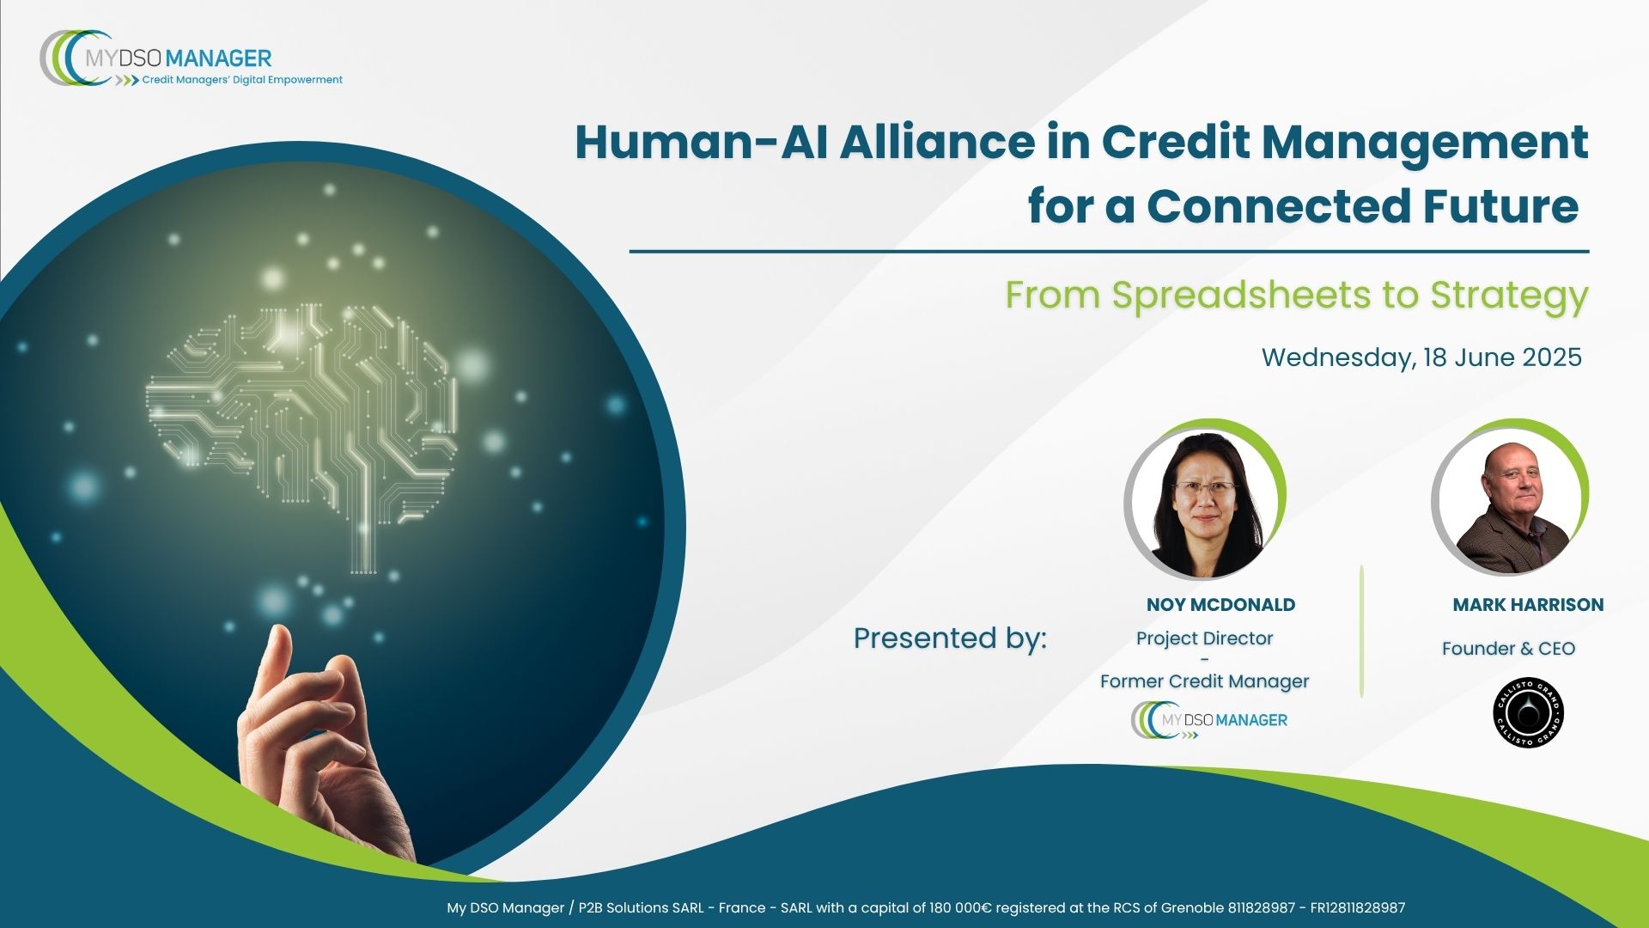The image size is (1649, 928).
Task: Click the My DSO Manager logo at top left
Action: click(x=191, y=58)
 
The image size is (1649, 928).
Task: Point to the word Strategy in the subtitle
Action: click(x=1509, y=296)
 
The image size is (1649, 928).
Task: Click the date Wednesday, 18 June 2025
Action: click(x=1421, y=357)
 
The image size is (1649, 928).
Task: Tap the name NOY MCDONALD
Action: click(x=1220, y=605)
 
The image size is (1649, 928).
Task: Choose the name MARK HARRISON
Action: click(x=1528, y=605)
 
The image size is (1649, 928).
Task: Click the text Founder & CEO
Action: click(x=1508, y=649)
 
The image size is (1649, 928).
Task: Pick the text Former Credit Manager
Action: click(x=1204, y=681)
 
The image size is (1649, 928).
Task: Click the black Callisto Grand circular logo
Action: click(x=1529, y=712)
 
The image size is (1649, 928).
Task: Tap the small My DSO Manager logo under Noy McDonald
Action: click(x=1209, y=720)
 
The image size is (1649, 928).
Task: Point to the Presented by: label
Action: click(x=950, y=638)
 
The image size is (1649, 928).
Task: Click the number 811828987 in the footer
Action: click(x=1262, y=908)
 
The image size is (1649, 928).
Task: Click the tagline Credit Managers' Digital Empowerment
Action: click(x=242, y=80)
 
